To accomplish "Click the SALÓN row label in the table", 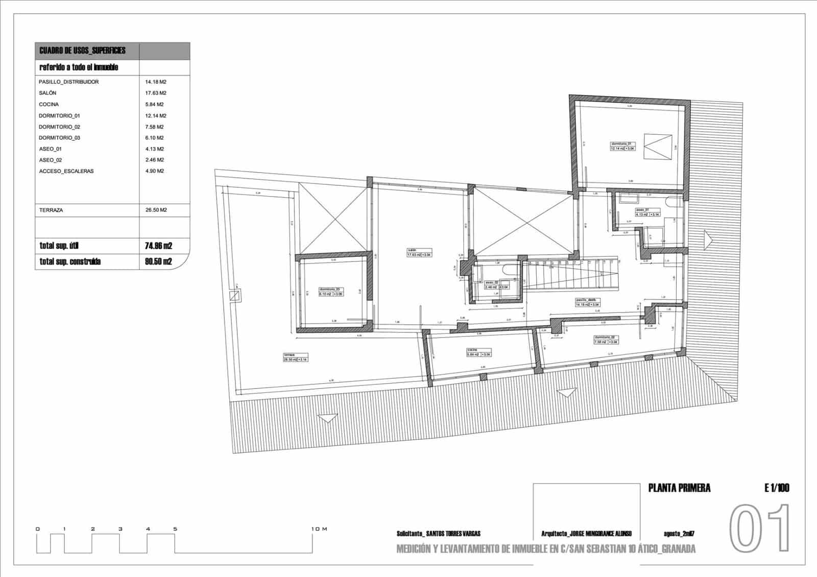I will click(x=47, y=93).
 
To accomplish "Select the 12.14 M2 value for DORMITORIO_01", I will click(x=155, y=115).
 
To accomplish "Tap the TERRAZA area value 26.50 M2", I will click(x=156, y=210).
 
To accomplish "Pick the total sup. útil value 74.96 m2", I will click(x=158, y=246).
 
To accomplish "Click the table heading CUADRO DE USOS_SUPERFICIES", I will click(x=82, y=51).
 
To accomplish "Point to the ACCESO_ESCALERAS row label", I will click(x=66, y=171).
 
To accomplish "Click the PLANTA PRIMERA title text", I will click(x=679, y=488).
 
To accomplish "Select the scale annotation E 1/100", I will click(x=777, y=488).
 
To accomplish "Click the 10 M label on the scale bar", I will click(x=319, y=529).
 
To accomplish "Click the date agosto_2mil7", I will click(x=679, y=534).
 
